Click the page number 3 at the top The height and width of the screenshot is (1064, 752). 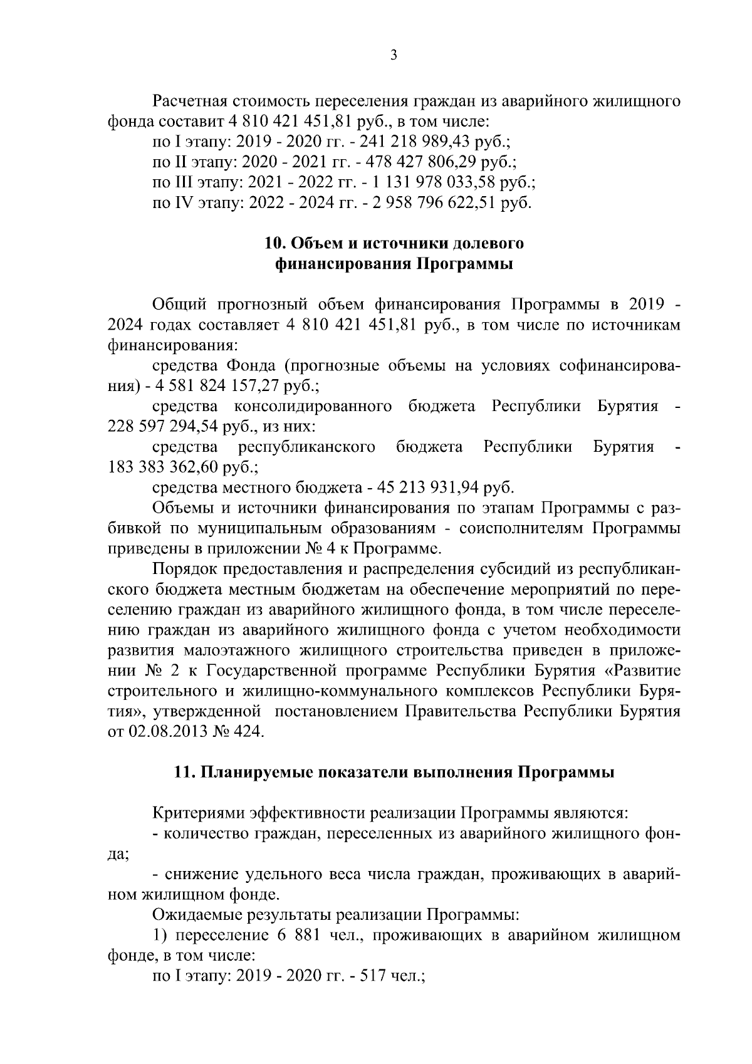point(394,56)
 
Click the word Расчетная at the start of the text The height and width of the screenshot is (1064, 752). point(190,101)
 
